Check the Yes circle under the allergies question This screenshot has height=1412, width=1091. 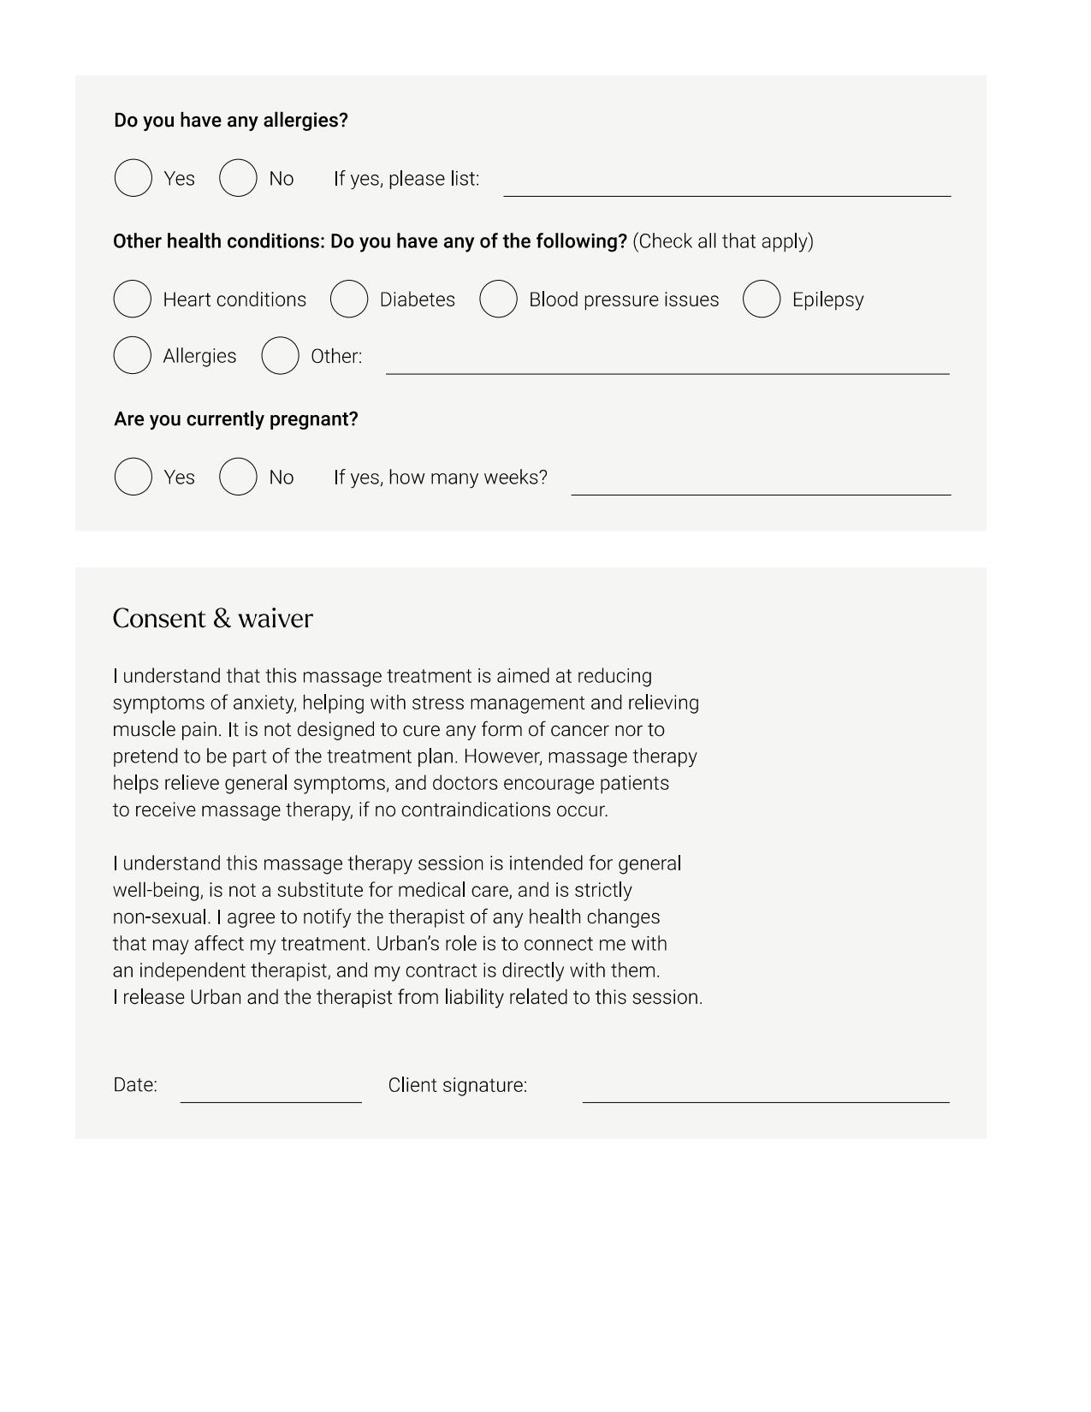133,178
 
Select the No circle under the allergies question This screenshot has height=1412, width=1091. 238,178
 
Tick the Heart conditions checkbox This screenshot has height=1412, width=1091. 133,300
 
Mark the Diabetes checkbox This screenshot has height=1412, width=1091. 349,300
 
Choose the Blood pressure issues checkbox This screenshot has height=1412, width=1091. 498,300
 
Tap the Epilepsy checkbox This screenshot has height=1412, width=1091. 762,300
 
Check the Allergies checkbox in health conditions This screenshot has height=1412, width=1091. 133,356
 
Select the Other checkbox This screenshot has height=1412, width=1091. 280,356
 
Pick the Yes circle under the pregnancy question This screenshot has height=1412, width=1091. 133,477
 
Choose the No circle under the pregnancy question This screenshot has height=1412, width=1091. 238,477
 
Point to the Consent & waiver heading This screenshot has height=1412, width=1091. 213,619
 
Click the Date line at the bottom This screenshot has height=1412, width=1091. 270,1095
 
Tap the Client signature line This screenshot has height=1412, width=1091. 766,1095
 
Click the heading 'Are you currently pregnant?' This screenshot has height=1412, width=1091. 236,419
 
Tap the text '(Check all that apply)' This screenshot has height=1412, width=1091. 723,241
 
